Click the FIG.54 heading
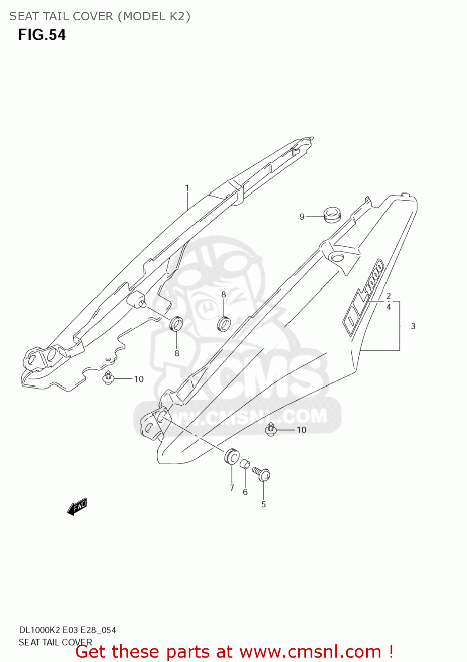(42, 35)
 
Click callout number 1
(187, 188)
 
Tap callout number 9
(302, 217)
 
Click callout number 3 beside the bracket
(413, 326)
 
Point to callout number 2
(389, 296)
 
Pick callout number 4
(389, 307)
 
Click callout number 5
(263, 504)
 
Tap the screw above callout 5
(262, 474)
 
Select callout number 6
(245, 492)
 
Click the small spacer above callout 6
(245, 464)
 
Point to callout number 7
(232, 488)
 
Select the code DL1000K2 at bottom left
(39, 630)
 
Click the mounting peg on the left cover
(137, 301)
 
